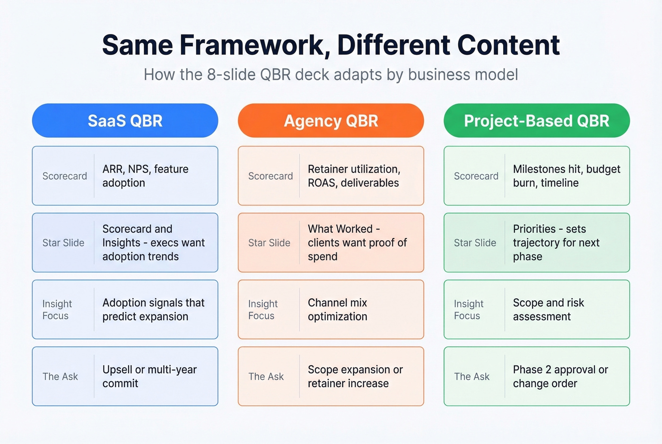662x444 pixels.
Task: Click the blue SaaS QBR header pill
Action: coord(125,121)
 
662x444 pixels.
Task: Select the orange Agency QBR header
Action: coord(331,121)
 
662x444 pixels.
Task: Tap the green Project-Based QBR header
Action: coord(536,121)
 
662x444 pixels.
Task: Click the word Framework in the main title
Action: coord(254,45)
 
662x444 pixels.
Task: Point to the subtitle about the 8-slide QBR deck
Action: coord(331,75)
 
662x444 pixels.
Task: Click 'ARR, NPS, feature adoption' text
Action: coord(145,176)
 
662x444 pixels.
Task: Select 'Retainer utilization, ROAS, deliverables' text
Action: coord(354,176)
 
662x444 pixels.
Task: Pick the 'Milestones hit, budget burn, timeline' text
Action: coord(566,176)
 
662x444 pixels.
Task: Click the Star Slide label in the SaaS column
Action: coord(63,243)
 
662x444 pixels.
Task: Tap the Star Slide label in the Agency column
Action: coord(269,243)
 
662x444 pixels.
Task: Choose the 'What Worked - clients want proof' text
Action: coord(357,243)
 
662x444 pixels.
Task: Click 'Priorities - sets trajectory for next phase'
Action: coord(556,243)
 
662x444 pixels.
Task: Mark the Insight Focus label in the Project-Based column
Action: coord(468,310)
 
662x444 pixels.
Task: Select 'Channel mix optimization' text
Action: coord(337,310)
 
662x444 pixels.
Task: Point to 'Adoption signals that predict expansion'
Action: coord(153,310)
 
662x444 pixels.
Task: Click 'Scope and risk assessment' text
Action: coord(548,310)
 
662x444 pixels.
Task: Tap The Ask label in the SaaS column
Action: coord(60,376)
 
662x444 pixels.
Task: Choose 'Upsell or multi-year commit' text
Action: coord(149,376)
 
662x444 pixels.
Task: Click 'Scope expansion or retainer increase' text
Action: coord(355,376)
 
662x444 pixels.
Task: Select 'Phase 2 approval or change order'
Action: coord(560,376)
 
